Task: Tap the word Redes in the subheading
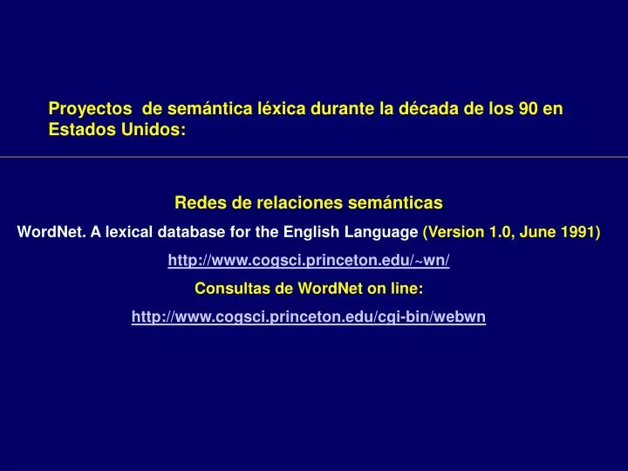198,203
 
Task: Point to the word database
179,233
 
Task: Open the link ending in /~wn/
309,261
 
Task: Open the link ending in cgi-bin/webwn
309,317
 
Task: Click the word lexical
117,233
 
